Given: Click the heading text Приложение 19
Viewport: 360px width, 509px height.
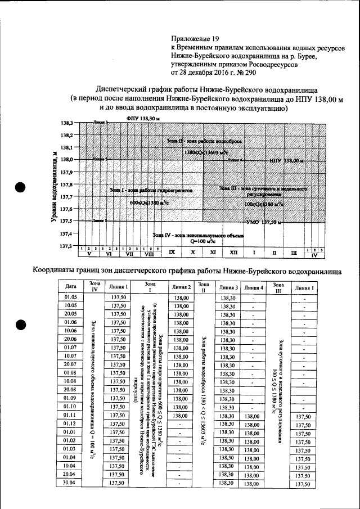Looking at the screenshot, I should (x=195, y=40).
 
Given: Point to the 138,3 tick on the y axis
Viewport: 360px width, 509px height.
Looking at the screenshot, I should (x=67, y=123).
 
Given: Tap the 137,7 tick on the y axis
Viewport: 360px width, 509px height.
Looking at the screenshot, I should (x=67, y=197).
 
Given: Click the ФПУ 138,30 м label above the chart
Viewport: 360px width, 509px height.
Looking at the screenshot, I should (x=143, y=119).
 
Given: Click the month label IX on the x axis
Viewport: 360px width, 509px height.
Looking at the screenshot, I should (x=172, y=253).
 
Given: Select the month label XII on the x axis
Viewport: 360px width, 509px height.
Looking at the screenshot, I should (x=233, y=253).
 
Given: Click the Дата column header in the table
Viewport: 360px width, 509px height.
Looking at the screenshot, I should (x=70, y=287).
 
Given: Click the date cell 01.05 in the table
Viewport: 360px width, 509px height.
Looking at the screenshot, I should (x=70, y=296).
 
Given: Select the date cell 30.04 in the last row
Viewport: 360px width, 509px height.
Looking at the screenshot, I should (x=70, y=483).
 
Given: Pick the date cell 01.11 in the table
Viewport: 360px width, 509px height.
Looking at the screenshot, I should (x=70, y=415).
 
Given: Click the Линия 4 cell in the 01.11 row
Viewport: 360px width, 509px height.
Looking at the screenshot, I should (x=253, y=415).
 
